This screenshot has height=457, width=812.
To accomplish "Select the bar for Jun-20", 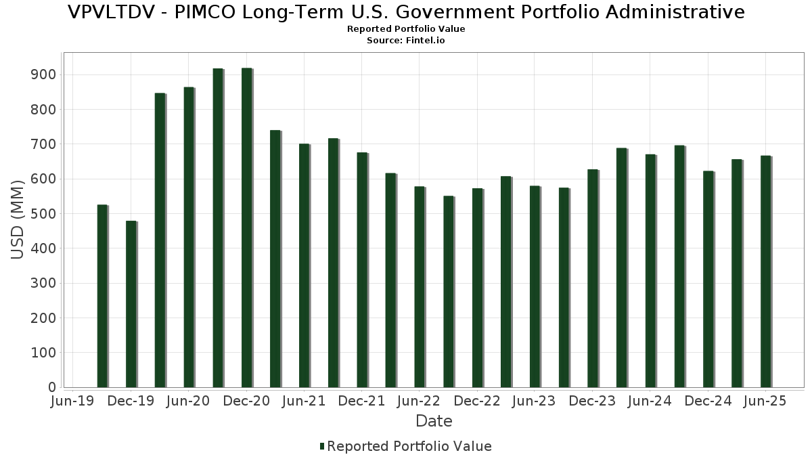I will pyautogui.click(x=189, y=237).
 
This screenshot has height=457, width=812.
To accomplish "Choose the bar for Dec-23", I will pyautogui.click(x=593, y=278).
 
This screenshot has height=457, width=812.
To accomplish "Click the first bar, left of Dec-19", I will pyautogui.click(x=102, y=296).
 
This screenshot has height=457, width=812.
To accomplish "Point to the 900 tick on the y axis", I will pyautogui.click(x=46, y=74).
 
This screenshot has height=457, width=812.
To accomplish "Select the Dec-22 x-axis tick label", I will pyautogui.click(x=477, y=401).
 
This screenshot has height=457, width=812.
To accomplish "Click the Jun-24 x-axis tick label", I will pyautogui.click(x=650, y=401).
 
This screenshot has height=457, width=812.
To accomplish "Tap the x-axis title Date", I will pyautogui.click(x=434, y=421).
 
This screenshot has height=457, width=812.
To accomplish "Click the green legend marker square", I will pyautogui.click(x=322, y=446).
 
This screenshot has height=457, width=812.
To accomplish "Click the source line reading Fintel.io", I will pyautogui.click(x=406, y=41).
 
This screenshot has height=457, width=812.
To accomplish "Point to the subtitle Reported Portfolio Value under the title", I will pyautogui.click(x=406, y=29).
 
